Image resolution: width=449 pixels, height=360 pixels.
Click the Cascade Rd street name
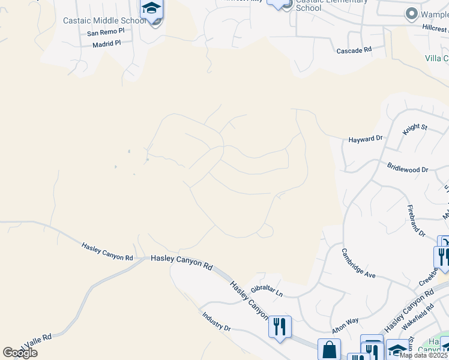coord(354,51)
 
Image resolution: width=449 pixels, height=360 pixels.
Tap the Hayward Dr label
coord(366,139)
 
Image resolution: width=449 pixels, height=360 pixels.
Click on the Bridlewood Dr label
coord(408,170)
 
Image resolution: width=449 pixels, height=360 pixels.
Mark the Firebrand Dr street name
coord(416,220)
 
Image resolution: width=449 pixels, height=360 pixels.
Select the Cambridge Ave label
coord(358,263)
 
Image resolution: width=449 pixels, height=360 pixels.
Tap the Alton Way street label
coord(345,326)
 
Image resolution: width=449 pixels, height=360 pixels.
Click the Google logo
coord(20,353)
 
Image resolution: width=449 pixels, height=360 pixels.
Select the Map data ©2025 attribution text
coord(423,355)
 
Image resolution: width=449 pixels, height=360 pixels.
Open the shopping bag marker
coord(329,349)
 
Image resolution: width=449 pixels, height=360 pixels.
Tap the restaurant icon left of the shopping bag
coord(280,326)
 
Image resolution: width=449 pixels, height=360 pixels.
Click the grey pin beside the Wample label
coord(411,13)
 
